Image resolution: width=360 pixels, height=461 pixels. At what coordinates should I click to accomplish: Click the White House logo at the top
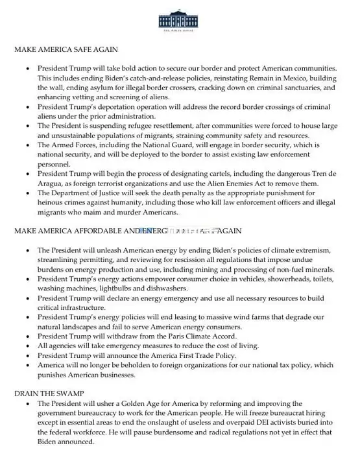(x=180, y=19)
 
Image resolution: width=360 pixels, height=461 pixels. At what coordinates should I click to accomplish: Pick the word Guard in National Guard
(x=160, y=145)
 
